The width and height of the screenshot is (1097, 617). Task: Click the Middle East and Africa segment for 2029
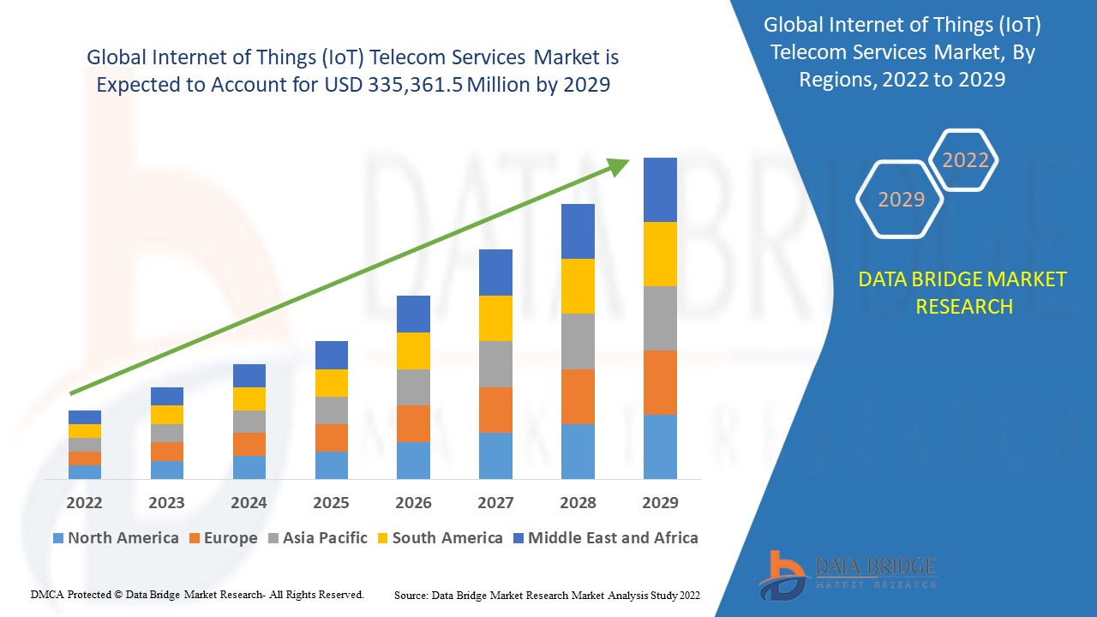coord(660,189)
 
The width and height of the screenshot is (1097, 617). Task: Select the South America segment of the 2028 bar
coord(578,285)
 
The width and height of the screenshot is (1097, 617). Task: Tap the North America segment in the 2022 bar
coord(85,471)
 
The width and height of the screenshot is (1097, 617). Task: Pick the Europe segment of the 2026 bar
coord(413,423)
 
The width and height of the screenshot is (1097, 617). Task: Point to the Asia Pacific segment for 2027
coord(495,364)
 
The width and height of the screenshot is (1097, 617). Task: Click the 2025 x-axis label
coord(331,502)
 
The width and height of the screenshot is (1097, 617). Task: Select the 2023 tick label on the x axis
coord(166,502)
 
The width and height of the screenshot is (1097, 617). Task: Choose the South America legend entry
coord(439,538)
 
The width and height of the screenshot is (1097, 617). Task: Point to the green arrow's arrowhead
coord(619,165)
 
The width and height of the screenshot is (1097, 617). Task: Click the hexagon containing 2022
coord(965,160)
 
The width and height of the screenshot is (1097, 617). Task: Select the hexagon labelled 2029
coord(901,200)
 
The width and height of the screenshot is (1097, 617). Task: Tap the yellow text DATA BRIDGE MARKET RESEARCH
coord(963,293)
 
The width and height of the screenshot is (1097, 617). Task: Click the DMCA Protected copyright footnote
coord(197,594)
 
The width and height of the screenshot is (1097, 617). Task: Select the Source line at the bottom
coord(547,595)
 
